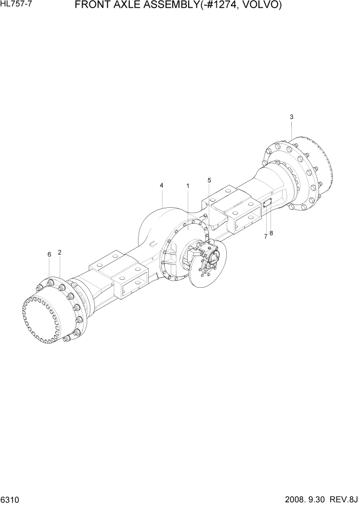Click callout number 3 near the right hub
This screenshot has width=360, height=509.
click(291, 117)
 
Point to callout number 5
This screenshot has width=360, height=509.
click(209, 180)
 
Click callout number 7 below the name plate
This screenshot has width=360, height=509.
click(266, 237)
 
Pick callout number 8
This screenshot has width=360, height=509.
click(271, 233)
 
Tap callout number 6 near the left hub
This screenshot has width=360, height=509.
click(49, 254)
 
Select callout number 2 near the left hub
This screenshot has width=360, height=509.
click(59, 252)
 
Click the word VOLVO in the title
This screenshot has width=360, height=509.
click(259, 6)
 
